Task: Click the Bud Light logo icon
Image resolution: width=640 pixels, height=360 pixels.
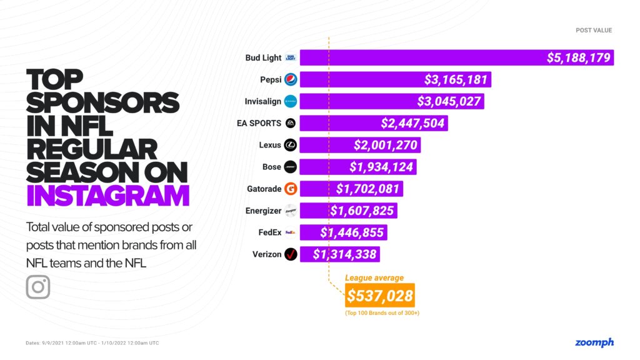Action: coord(291,57)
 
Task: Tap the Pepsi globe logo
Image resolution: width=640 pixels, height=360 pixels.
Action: coord(291,79)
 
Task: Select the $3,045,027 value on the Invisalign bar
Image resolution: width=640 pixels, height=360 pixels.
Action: coord(450,101)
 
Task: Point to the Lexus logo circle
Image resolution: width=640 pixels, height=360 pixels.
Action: coord(291,145)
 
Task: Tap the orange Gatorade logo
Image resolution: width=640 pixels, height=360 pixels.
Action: coord(291,189)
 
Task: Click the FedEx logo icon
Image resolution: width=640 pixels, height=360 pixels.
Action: coord(291,232)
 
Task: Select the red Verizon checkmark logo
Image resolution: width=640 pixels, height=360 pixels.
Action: coord(291,254)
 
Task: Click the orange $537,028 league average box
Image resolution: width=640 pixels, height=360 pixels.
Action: coord(380,295)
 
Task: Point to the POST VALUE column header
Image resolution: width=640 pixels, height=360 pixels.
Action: coord(594,30)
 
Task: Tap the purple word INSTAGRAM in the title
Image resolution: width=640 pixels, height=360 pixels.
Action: coord(107,194)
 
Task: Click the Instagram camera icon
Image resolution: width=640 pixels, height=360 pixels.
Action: coord(38,287)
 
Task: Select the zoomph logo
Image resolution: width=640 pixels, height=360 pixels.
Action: coord(594,342)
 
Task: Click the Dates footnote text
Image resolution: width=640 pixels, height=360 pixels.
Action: coord(92,343)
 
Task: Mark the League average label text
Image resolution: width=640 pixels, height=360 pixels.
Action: coord(374,277)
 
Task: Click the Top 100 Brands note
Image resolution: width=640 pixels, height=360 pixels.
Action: coord(382,312)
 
